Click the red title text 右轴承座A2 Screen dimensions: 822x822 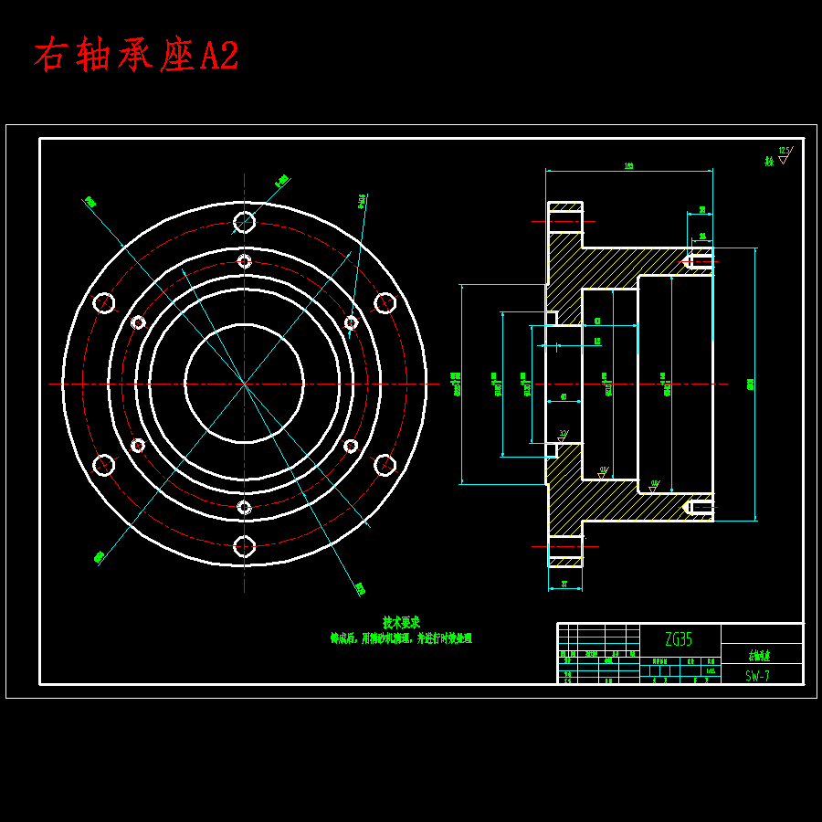coord(136,56)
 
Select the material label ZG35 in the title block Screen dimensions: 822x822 coord(679,639)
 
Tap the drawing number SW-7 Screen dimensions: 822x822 coord(757,676)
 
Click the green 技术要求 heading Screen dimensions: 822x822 coord(401,622)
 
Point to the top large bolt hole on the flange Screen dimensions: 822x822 coord(244,221)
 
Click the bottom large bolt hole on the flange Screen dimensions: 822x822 coord(244,546)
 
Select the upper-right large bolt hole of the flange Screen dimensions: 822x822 coord(385,303)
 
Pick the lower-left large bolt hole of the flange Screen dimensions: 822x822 coord(104,465)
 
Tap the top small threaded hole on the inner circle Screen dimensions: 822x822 coord(244,261)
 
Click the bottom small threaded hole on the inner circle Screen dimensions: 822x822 coord(244,506)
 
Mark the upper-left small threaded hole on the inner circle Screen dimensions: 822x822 coord(138,322)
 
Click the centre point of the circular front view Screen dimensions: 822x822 coord(244,384)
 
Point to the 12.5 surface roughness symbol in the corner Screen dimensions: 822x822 coord(784,154)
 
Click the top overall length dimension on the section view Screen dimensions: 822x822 coord(628,167)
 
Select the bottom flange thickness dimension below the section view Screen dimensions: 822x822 coord(564,584)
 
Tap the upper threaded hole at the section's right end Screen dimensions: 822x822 coord(700,261)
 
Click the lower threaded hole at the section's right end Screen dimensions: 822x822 coord(700,506)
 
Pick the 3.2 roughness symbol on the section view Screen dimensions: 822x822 coord(563,435)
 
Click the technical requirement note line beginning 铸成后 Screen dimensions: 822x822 coord(401,639)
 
